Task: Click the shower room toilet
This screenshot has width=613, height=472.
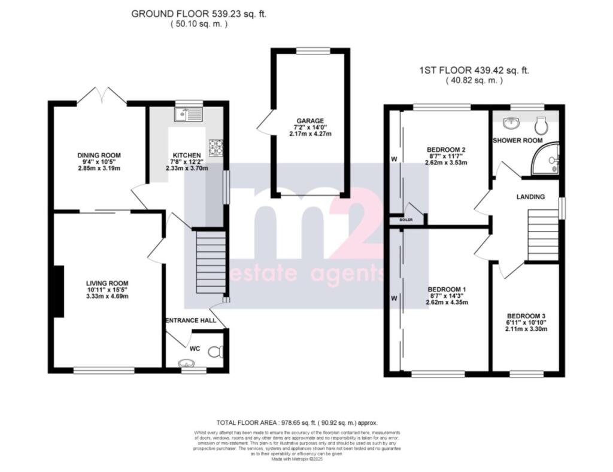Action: coord(541,125)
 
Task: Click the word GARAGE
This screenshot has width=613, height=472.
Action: coord(308,120)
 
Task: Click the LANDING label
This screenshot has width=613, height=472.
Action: coord(530,197)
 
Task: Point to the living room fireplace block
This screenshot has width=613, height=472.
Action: coord(58,291)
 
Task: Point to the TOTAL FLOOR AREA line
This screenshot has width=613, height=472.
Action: coord(297,422)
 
